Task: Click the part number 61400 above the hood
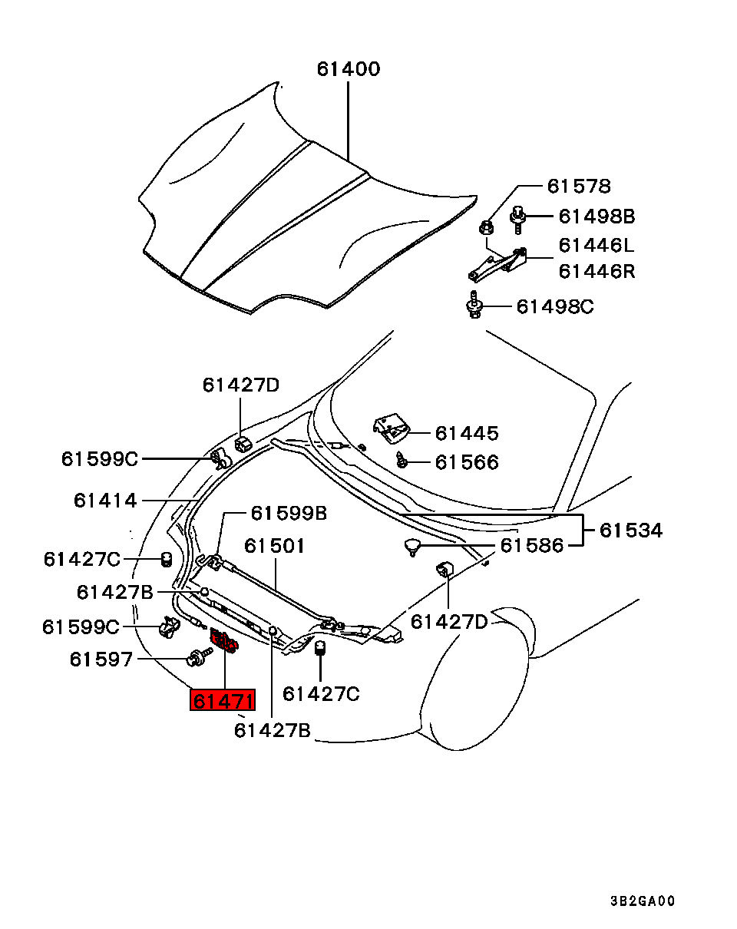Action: [x=348, y=69]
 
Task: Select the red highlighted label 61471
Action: [x=223, y=700]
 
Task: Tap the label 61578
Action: [x=579, y=186]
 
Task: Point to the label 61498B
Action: [x=597, y=217]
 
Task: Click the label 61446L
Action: [x=597, y=246]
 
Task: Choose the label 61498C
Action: [x=554, y=307]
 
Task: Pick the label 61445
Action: [x=467, y=434]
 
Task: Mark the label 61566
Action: [x=467, y=462]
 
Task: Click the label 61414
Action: [x=105, y=501]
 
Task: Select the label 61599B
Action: [x=289, y=513]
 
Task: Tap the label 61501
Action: [x=275, y=546]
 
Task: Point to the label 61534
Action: [x=630, y=531]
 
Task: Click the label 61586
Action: [x=531, y=546]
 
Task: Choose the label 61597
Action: [x=101, y=660]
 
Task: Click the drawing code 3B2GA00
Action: [x=643, y=901]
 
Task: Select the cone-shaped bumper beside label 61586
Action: [x=413, y=547]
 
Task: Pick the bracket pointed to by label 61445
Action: [x=391, y=428]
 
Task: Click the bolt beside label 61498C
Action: [x=474, y=306]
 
